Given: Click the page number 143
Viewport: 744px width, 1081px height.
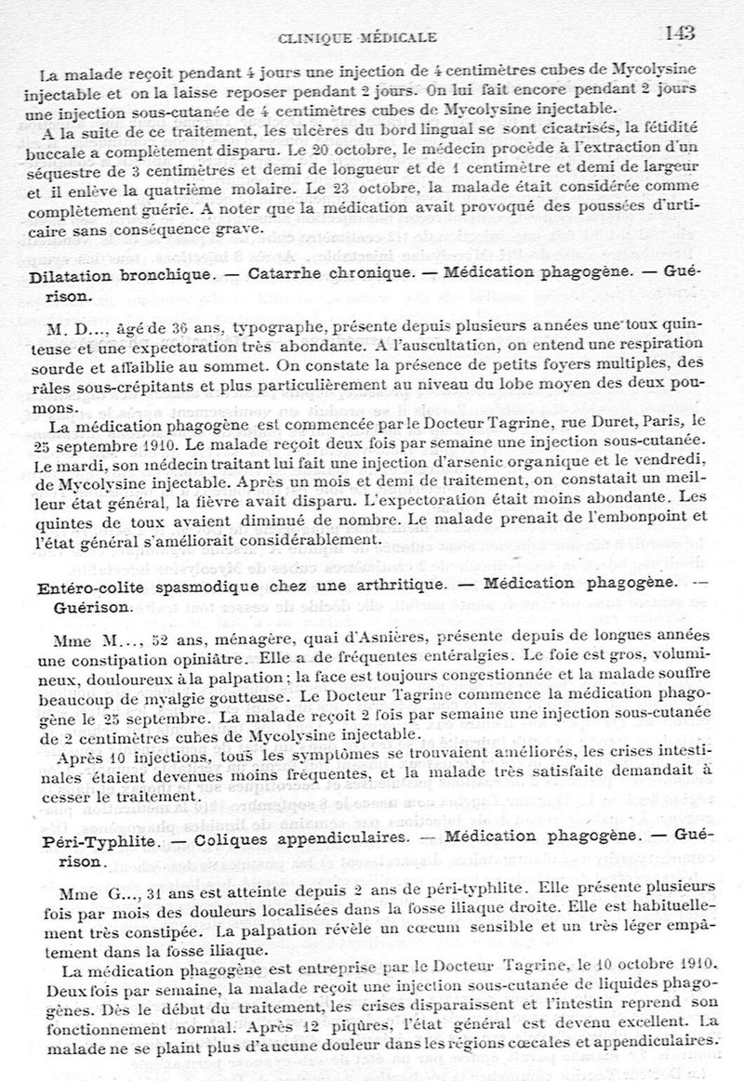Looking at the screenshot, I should tap(681, 33).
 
